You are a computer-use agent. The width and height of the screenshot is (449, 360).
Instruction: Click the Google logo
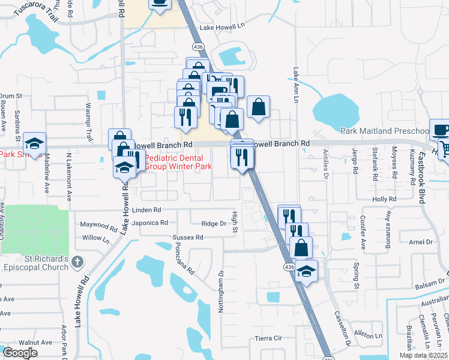point(19,352)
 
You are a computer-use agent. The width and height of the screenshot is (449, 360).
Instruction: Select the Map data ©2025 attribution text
point(423,355)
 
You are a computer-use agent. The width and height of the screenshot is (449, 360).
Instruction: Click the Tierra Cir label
point(268,338)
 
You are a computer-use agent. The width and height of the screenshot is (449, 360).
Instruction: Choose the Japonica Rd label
point(151,223)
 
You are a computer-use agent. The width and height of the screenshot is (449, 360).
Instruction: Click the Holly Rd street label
point(384,199)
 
